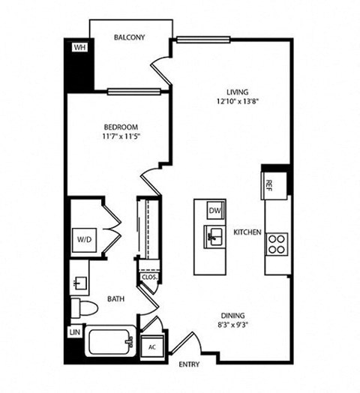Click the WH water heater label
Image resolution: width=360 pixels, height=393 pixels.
point(79,46)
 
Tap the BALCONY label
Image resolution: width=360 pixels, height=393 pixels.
point(129,37)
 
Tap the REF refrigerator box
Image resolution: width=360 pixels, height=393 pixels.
point(270,182)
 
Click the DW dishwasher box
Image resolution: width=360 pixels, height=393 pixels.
point(214,211)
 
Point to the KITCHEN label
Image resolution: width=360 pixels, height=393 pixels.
point(247,232)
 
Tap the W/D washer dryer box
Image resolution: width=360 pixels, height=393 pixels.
point(84,239)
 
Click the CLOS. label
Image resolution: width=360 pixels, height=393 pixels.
point(148,277)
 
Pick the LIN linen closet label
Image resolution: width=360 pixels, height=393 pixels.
point(74,331)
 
